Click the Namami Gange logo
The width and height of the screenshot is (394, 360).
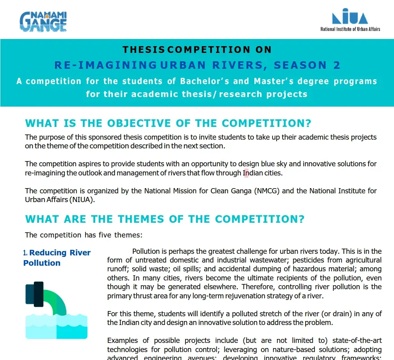pyautogui.click(x=43, y=21)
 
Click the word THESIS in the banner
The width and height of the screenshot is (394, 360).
pyautogui.click(x=144, y=50)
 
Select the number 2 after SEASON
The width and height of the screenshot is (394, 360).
pyautogui.click(x=337, y=65)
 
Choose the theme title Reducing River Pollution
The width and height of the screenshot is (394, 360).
pyautogui.click(x=57, y=258)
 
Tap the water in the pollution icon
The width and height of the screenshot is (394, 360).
pyautogui.click(x=57, y=326)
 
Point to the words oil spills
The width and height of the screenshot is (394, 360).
pyautogui.click(x=187, y=269)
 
